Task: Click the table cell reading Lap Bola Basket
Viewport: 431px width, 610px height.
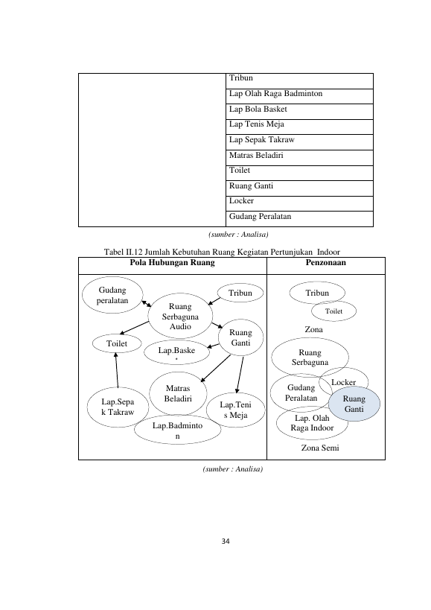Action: click(299, 111)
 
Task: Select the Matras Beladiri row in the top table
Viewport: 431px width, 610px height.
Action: click(299, 158)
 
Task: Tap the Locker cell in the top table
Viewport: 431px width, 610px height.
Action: click(299, 203)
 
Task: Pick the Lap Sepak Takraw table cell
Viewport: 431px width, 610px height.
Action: click(299, 142)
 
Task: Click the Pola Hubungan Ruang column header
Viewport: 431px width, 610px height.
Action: click(172, 263)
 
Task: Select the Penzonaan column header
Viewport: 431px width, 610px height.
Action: click(326, 263)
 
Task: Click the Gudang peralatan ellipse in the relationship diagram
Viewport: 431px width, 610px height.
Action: click(112, 295)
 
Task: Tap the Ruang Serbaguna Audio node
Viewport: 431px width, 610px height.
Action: click(180, 316)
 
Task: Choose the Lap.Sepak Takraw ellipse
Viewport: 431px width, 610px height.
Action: click(118, 407)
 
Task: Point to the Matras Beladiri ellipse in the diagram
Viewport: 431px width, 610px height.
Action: click(178, 393)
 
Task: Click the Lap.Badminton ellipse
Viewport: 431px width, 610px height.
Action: click(177, 431)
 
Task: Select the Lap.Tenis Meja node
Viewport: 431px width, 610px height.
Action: click(235, 410)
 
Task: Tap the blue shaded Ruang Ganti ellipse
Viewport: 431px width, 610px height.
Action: click(354, 404)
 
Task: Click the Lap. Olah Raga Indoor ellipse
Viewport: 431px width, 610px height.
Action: click(312, 423)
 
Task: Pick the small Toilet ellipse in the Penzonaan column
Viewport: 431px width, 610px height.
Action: click(333, 311)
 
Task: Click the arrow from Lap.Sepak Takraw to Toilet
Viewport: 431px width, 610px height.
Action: click(117, 370)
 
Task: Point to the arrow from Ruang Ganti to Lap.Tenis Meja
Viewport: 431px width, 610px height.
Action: click(240, 375)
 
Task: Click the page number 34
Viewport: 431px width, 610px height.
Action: click(226, 541)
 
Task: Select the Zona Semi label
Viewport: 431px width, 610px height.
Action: click(320, 448)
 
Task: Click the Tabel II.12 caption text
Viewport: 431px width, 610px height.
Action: click(222, 252)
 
